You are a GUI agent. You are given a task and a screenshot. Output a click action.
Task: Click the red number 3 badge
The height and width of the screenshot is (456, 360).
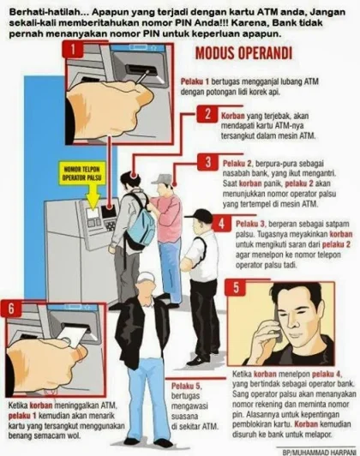tap(207, 163)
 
